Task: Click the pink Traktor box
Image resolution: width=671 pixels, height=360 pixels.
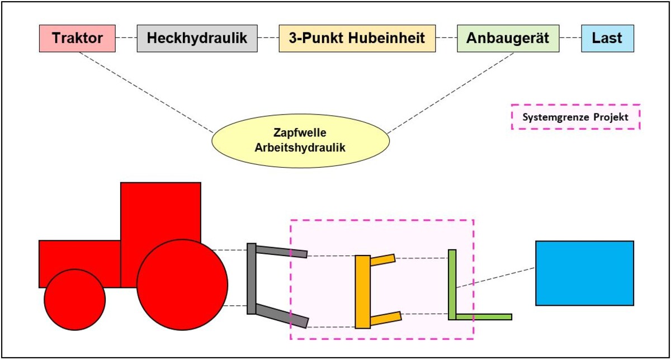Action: pyautogui.click(x=78, y=39)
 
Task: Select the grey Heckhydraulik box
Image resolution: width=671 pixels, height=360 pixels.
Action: pyautogui.click(x=197, y=39)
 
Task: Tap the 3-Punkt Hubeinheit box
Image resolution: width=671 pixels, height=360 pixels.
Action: pyautogui.click(x=357, y=39)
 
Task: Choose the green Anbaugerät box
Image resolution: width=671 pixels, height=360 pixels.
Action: pyautogui.click(x=508, y=39)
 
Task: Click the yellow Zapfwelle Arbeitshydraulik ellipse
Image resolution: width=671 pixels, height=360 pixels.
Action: pyautogui.click(x=300, y=140)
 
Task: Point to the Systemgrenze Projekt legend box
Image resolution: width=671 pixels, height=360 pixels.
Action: pyautogui.click(x=575, y=117)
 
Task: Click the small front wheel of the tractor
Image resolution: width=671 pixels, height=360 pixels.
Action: pyautogui.click(x=74, y=300)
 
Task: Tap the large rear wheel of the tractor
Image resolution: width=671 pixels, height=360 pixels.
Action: pyautogui.click(x=182, y=285)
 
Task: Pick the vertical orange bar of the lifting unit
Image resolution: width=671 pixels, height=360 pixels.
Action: pyautogui.click(x=362, y=291)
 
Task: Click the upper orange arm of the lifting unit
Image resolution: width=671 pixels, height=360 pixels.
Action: pyautogui.click(x=382, y=259)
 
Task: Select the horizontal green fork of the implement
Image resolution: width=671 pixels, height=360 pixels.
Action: pyautogui.click(x=484, y=317)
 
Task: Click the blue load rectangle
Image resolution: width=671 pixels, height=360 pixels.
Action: pyautogui.click(x=584, y=273)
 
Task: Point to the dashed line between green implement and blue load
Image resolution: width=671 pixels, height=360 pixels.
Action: pyautogui.click(x=495, y=277)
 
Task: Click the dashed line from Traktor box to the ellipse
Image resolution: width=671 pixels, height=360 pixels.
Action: pyautogui.click(x=145, y=92)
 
